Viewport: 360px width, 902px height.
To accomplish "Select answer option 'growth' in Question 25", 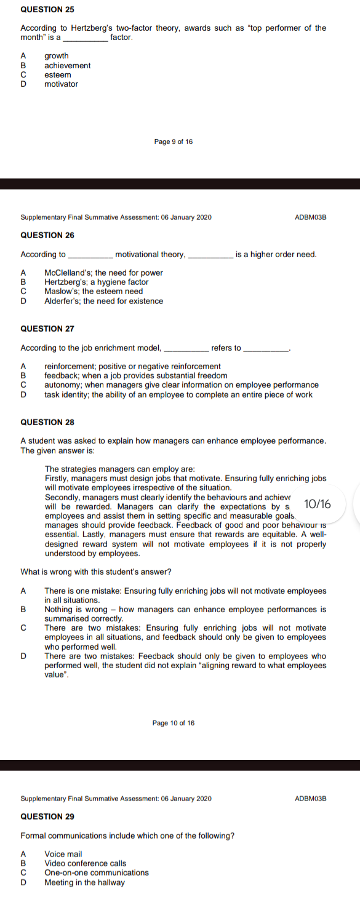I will click(57, 56).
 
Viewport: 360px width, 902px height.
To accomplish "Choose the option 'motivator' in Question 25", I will click(62, 84).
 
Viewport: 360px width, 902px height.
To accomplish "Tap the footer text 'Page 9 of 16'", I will click(174, 142).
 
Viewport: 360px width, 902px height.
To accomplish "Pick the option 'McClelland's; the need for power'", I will click(103, 273).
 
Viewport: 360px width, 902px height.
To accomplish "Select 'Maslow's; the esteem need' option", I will click(94, 291).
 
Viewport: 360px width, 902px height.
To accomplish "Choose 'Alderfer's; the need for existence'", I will click(103, 301).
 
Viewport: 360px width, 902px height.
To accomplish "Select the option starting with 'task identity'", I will click(178, 394).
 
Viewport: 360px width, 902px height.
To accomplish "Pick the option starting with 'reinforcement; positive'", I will click(132, 367).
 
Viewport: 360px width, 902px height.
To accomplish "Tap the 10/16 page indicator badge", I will click(318, 504).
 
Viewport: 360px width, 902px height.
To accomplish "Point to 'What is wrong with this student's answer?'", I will click(95, 572).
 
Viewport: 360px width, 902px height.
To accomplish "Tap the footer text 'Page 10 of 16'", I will click(174, 722).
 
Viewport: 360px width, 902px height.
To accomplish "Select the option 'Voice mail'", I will click(63, 853).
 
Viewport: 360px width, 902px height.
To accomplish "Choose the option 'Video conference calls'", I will click(86, 863).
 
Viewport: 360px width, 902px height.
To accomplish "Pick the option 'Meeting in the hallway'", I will click(84, 882).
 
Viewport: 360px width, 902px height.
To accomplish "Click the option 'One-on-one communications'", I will click(97, 872).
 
